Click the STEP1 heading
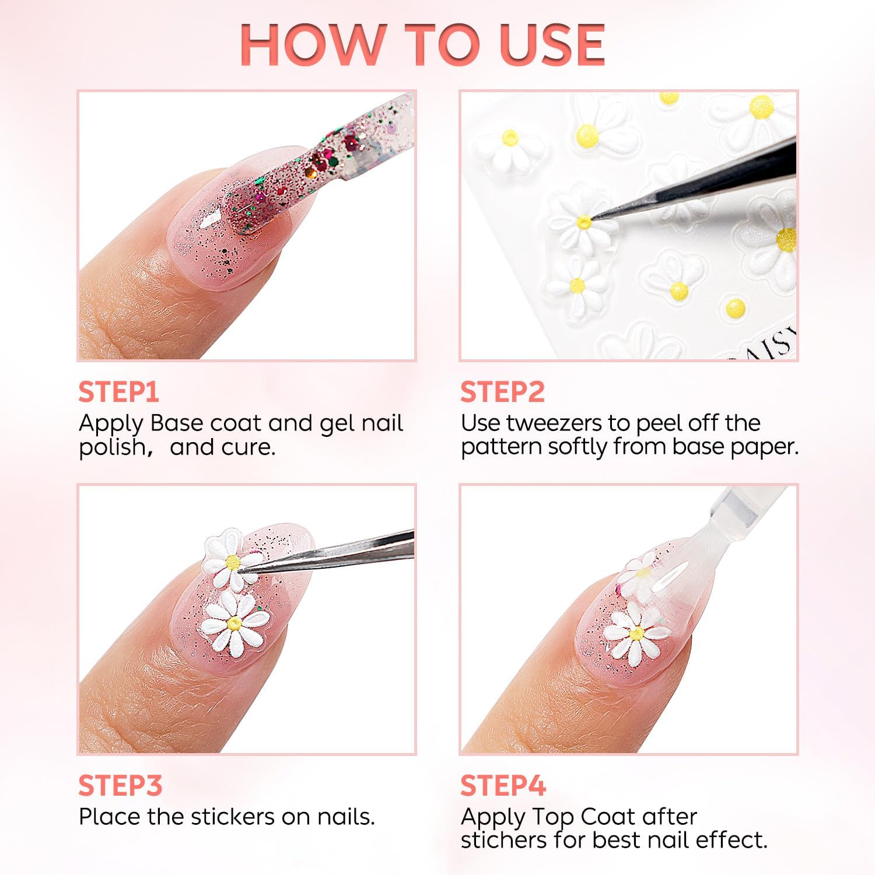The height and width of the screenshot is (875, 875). tap(118, 392)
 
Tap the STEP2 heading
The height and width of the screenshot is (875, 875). tap(502, 392)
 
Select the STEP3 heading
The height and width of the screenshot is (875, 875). tap(120, 786)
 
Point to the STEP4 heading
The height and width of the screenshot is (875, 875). tap(503, 786)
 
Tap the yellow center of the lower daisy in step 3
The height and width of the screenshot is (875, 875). tap(235, 624)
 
